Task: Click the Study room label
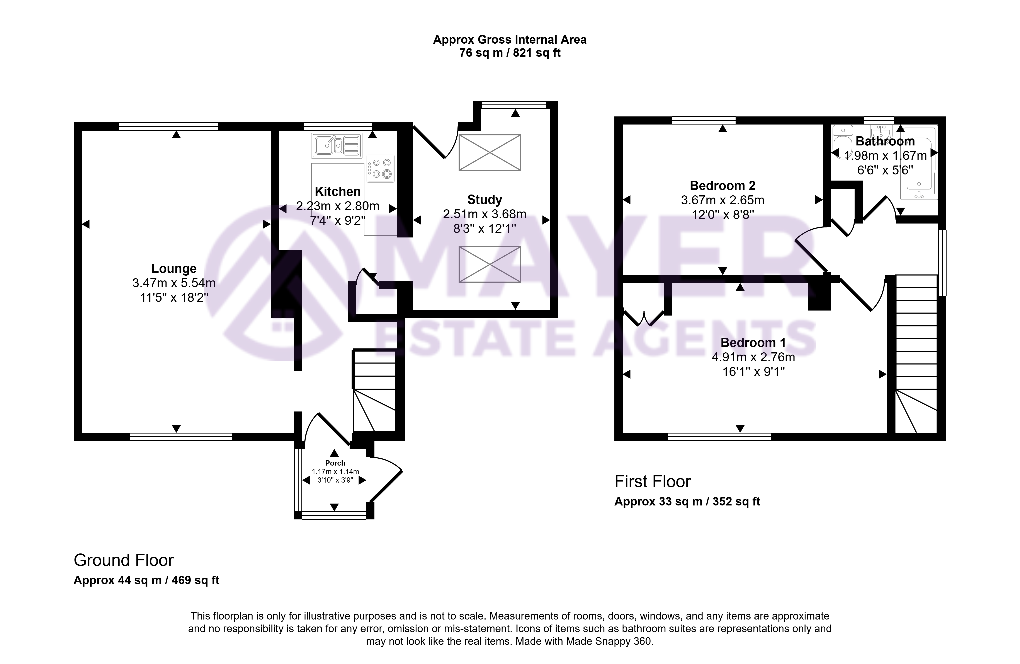tap(485, 200)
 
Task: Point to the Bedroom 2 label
tap(722, 186)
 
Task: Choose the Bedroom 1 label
tap(753, 343)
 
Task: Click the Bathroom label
tap(885, 141)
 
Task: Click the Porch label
tap(335, 463)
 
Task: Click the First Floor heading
tap(653, 481)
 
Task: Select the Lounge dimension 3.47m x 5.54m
tap(174, 283)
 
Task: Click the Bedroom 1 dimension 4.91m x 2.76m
tap(753, 357)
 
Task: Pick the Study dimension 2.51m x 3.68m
tap(485, 214)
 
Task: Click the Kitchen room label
tap(338, 192)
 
